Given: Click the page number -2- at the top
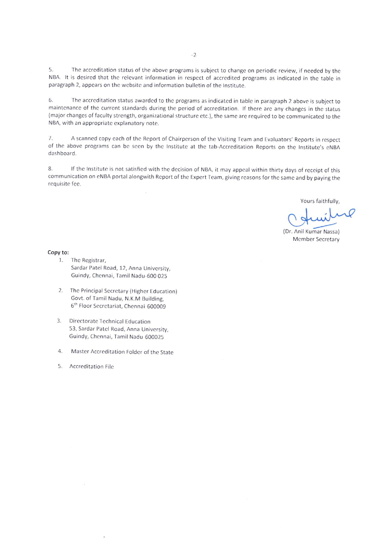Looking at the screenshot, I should point(194,55).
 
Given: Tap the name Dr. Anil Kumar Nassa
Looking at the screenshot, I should point(311,232).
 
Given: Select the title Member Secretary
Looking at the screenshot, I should point(316,239).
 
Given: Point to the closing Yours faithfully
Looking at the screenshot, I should point(320,201).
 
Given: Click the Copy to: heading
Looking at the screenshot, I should point(58,252).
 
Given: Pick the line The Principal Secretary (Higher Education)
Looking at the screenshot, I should point(123,291).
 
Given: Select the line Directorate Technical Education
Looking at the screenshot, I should point(110,322).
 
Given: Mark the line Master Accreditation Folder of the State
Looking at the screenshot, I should point(122,352).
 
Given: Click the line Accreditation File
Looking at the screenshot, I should point(91,367).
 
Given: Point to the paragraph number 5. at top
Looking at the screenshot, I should point(51,70).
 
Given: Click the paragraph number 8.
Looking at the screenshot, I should point(50,169).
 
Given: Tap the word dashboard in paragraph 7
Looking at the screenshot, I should point(62,153).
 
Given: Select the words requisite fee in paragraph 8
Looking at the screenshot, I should point(65,184).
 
